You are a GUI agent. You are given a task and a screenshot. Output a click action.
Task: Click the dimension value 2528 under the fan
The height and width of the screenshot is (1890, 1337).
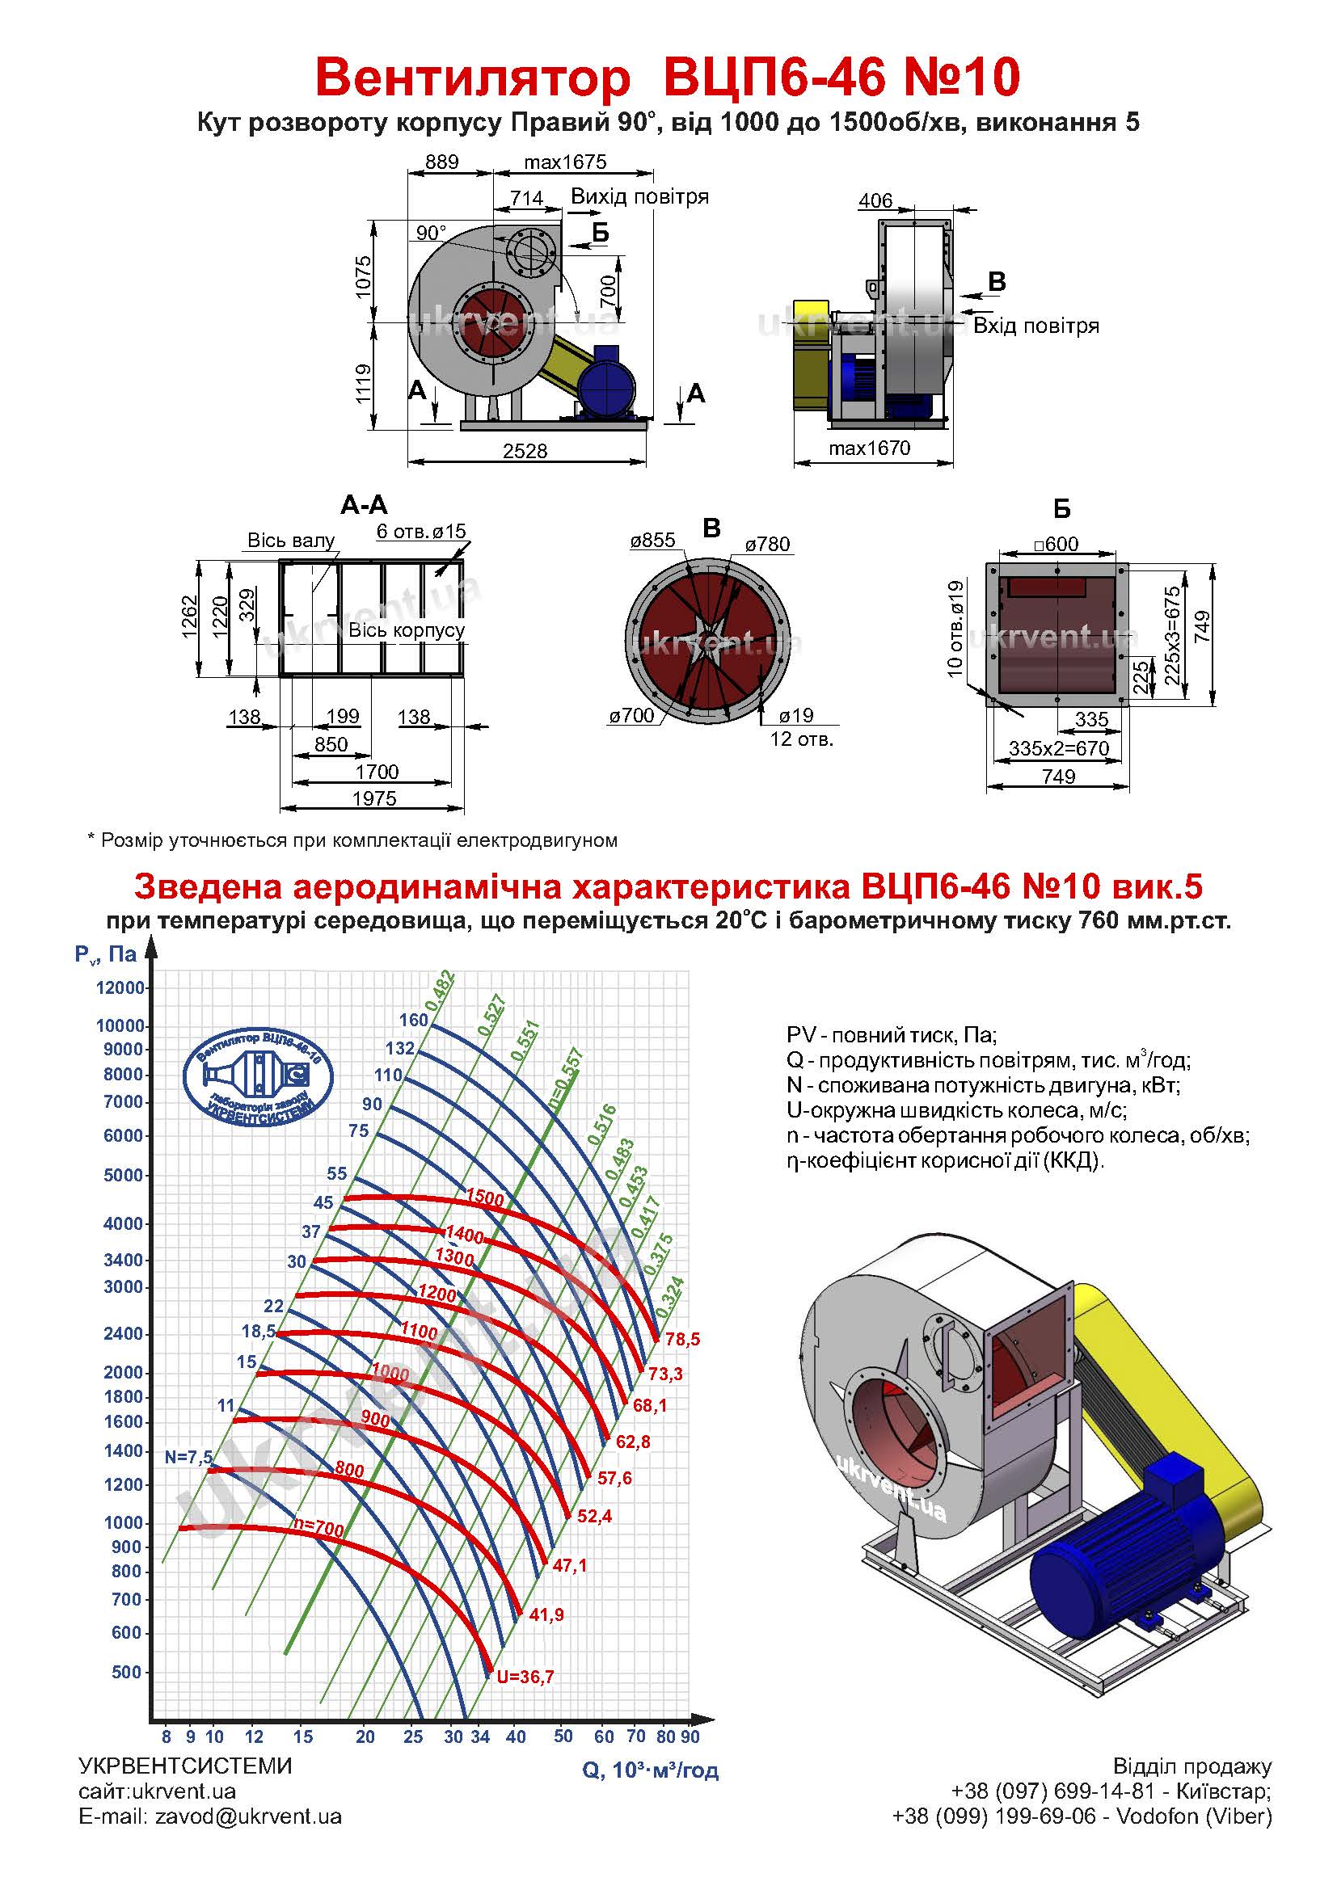525,450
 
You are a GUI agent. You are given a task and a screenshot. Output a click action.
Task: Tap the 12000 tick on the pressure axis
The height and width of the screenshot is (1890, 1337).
120,987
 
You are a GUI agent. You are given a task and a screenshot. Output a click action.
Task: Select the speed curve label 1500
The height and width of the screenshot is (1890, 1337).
484,1198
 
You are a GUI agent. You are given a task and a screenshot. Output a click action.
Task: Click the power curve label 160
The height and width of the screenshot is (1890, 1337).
413,1020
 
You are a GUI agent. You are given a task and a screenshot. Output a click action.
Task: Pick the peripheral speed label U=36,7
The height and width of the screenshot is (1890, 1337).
525,1677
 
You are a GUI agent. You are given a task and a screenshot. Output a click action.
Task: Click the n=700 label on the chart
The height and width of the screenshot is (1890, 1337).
318,1529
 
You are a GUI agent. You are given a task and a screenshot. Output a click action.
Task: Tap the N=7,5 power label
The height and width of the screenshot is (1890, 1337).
188,1457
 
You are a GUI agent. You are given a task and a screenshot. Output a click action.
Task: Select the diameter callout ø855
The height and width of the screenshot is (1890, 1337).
652,541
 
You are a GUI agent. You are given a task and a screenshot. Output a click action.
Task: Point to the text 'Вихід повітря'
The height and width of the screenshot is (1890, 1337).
639,196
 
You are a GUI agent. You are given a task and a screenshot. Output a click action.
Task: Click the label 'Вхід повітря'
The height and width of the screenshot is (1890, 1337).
1035,326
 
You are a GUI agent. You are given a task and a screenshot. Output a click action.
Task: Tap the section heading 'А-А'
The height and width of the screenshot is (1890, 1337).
364,504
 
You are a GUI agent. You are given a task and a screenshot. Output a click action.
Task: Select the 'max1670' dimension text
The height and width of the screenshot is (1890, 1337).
870,448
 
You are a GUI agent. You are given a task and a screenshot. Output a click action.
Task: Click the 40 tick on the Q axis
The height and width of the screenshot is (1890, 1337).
516,1737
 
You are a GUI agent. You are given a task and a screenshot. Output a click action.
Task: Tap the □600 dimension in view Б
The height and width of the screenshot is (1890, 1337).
1057,544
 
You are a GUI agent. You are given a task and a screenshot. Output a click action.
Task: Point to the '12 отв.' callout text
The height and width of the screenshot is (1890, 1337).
802,739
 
